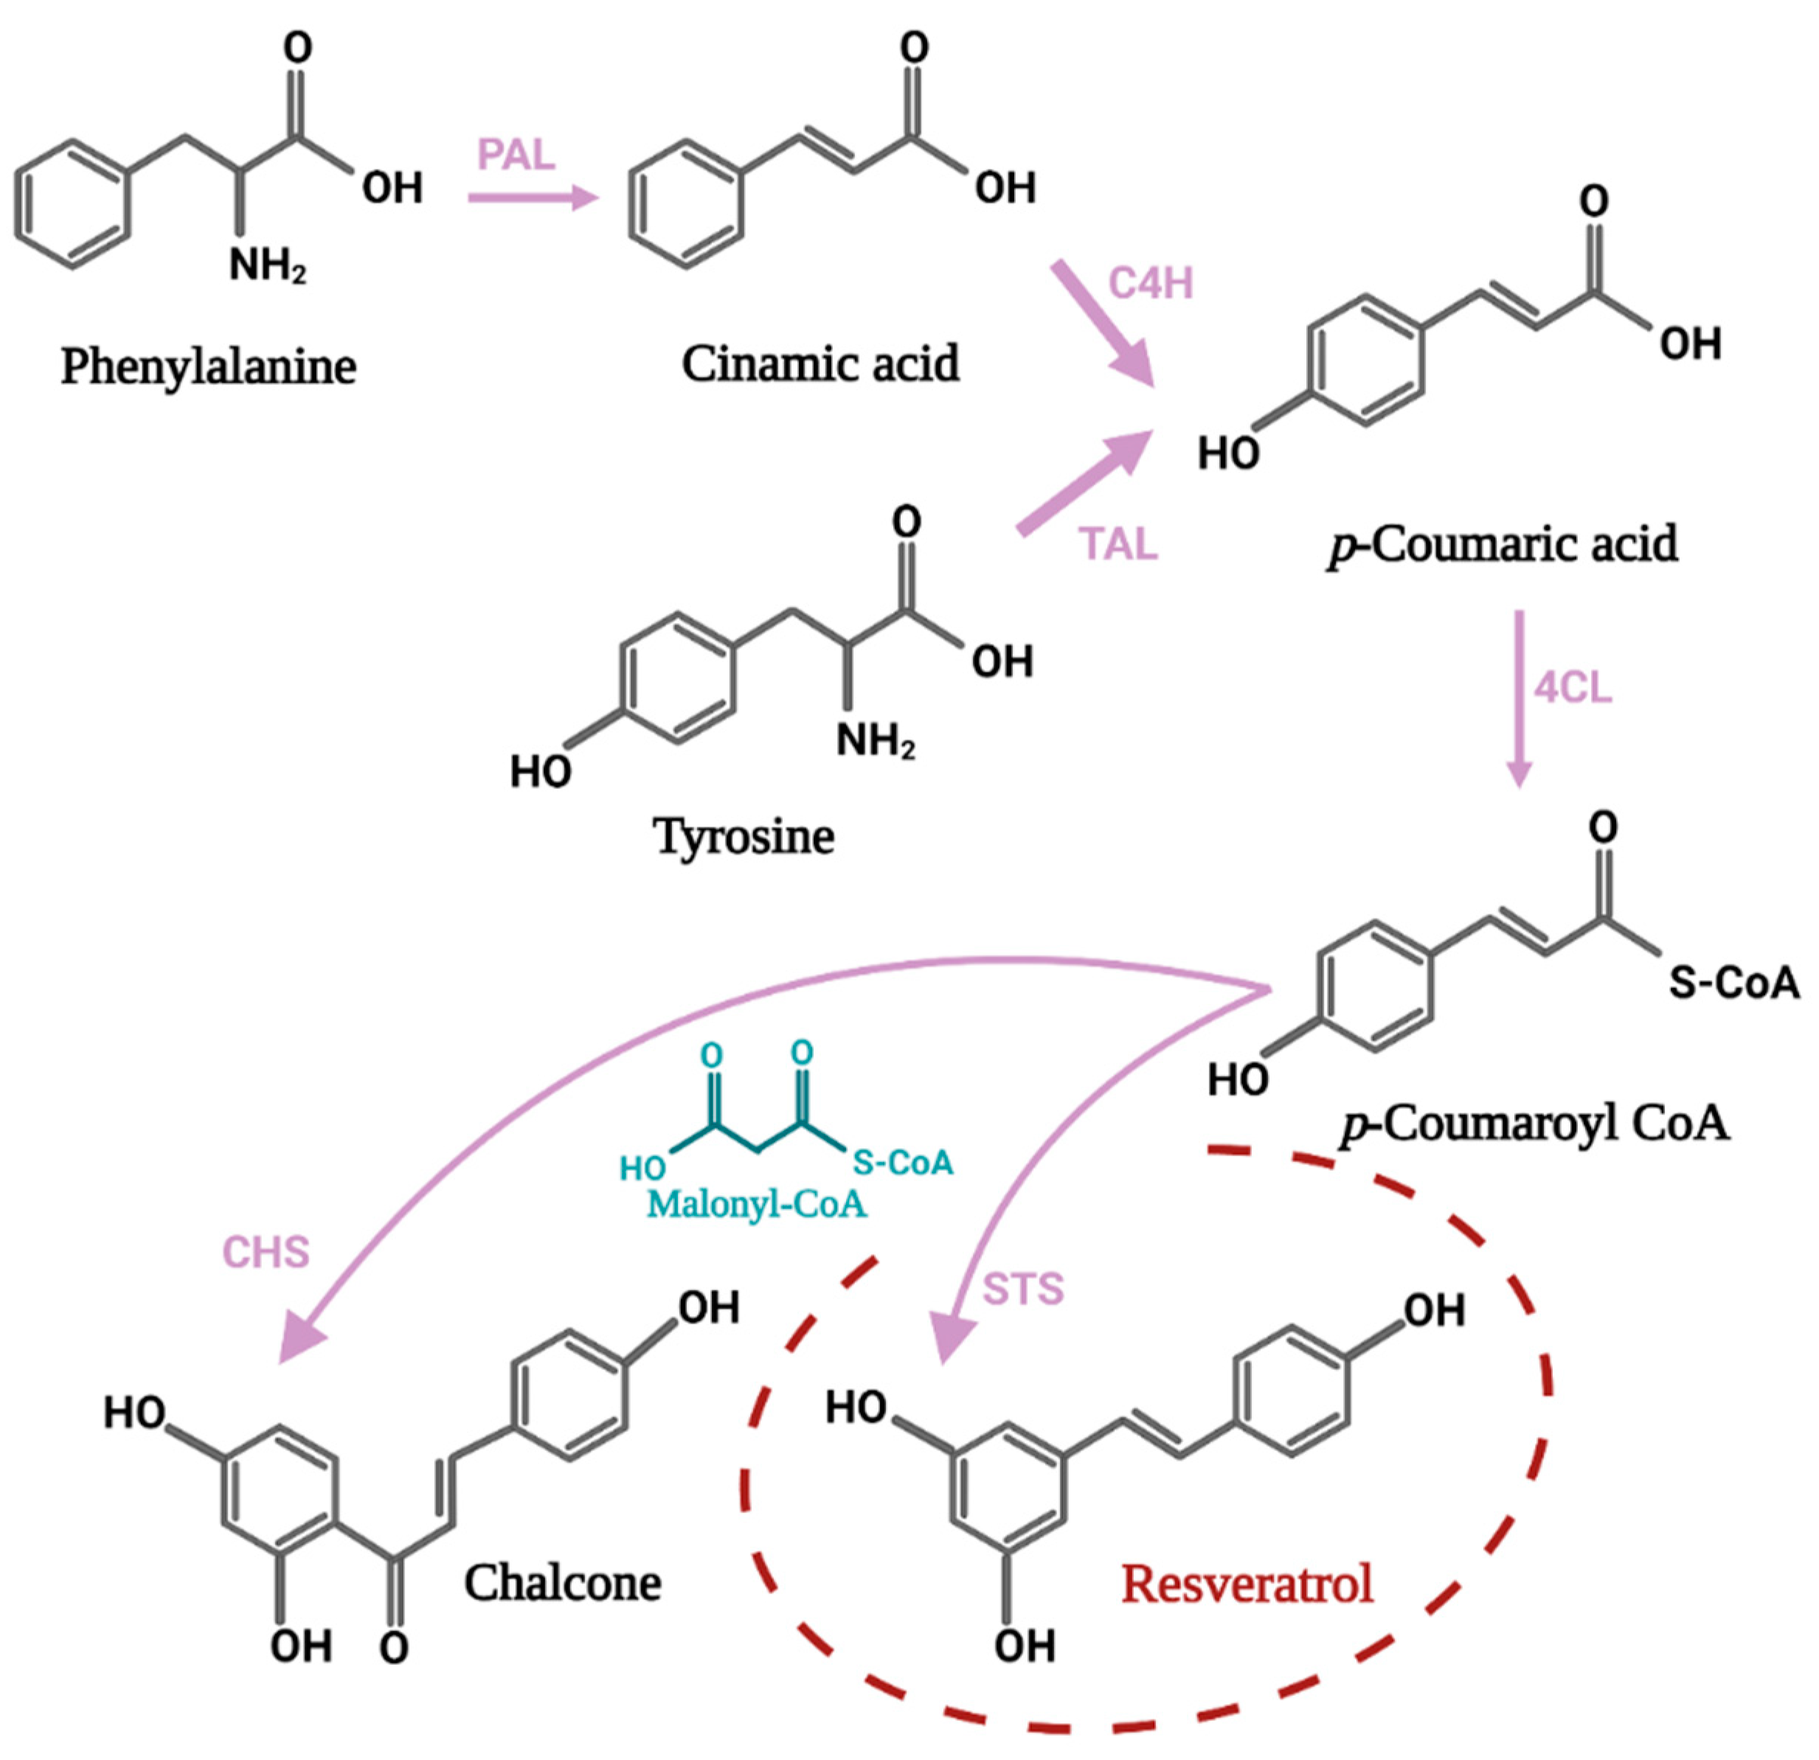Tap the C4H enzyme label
1151,283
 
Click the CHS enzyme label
266,1253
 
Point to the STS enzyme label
1022,1289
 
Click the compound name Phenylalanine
209,366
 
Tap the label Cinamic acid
820,364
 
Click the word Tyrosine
744,836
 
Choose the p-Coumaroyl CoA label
1535,1124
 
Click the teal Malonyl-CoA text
756,1204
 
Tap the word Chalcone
562,1583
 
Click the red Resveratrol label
1247,1584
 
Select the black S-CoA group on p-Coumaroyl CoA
1733,984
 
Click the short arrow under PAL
533,197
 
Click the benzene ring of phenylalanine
72,204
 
